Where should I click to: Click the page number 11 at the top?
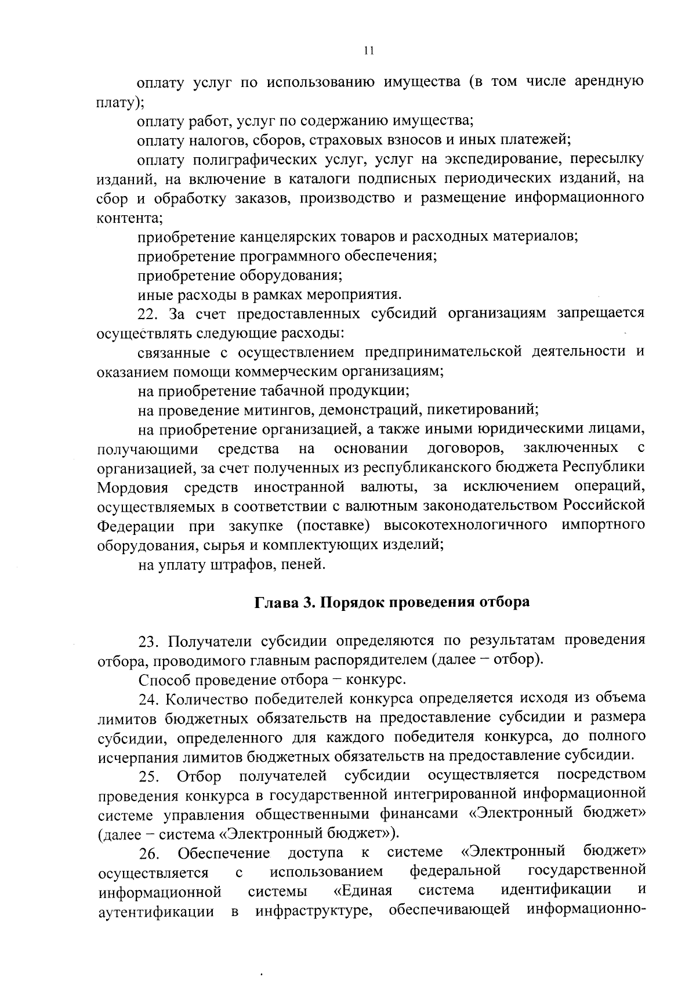[368, 50]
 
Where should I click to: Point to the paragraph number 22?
[148, 313]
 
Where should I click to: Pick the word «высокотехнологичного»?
[466, 525]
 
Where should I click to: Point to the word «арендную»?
[608, 82]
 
